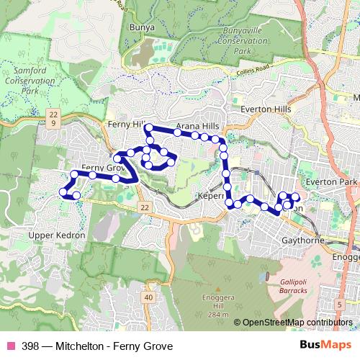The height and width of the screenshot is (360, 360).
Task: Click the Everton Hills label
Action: (265, 108)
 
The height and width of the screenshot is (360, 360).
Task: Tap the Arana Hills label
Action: (197, 125)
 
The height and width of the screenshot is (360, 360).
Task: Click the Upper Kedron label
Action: (57, 235)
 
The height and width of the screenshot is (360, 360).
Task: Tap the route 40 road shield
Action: (148, 297)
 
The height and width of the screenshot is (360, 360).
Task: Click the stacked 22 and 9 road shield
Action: (53, 118)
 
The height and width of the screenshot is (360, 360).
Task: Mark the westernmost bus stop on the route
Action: (61, 191)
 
